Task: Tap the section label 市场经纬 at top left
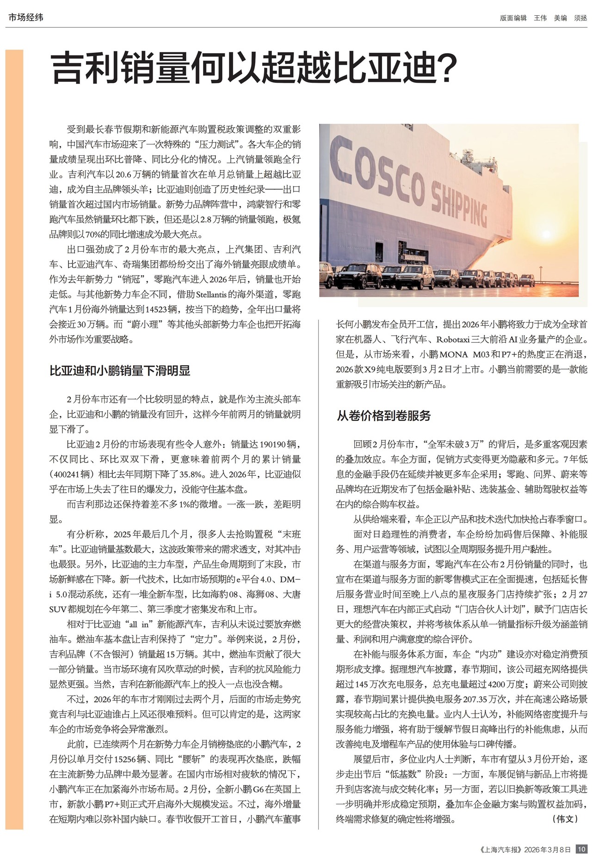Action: pyautogui.click(x=26, y=18)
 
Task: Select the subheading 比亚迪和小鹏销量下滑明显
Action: pyautogui.click(x=120, y=370)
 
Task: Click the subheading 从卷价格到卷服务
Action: pyautogui.click(x=383, y=415)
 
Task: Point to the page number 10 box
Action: pyautogui.click(x=581, y=849)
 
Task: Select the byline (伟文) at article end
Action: pyautogui.click(x=565, y=819)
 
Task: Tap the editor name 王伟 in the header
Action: pyautogui.click(x=540, y=18)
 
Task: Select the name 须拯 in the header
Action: pyautogui.click(x=580, y=18)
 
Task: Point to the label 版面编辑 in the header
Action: pyautogui.click(x=513, y=18)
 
